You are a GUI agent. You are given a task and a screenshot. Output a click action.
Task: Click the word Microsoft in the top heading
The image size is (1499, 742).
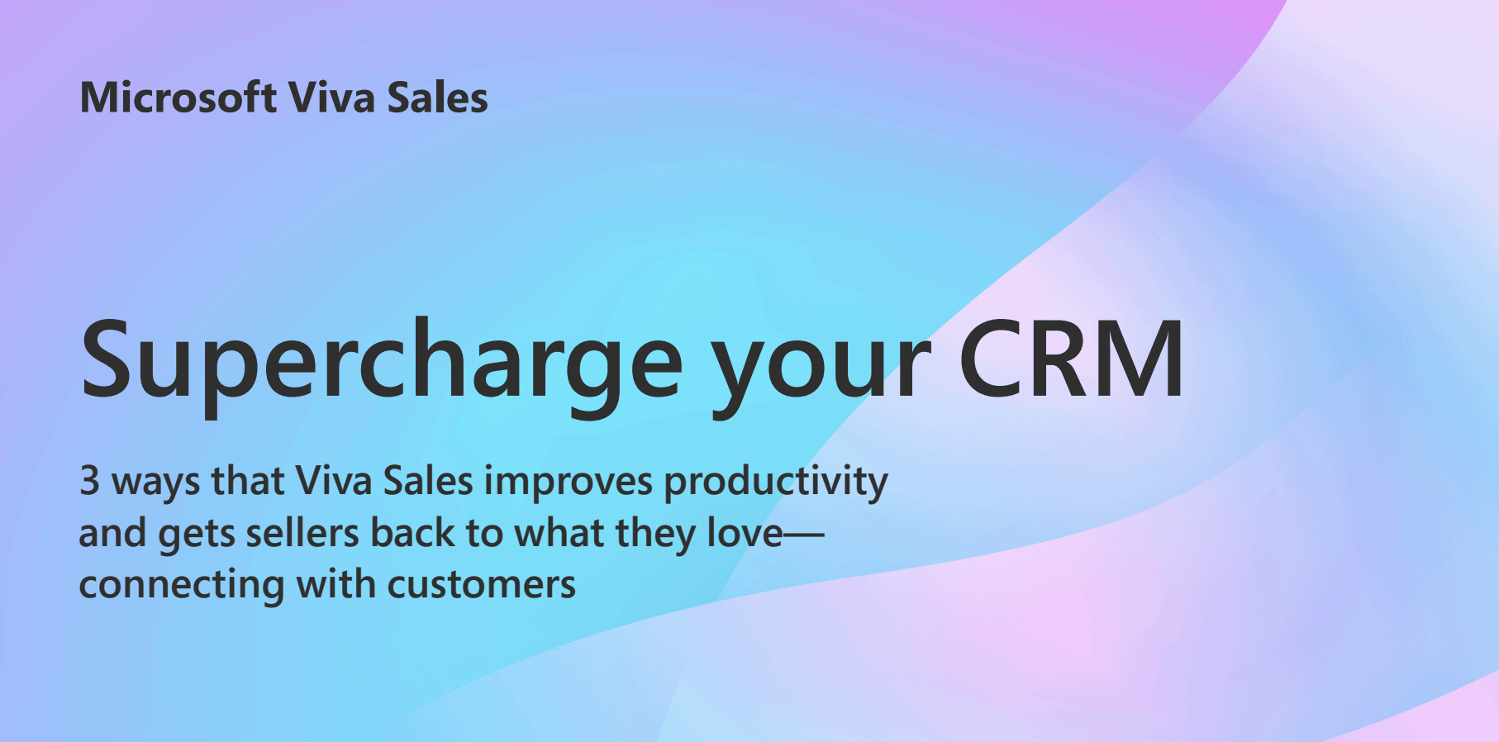coord(178,98)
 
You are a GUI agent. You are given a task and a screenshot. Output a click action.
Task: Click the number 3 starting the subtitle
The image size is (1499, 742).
coord(89,481)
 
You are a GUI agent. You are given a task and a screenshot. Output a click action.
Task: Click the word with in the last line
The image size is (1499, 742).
coord(335,583)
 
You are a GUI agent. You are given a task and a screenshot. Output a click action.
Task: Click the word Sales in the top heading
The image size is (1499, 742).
coord(438,98)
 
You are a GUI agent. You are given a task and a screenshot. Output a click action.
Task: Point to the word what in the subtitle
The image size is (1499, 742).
coord(559,532)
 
